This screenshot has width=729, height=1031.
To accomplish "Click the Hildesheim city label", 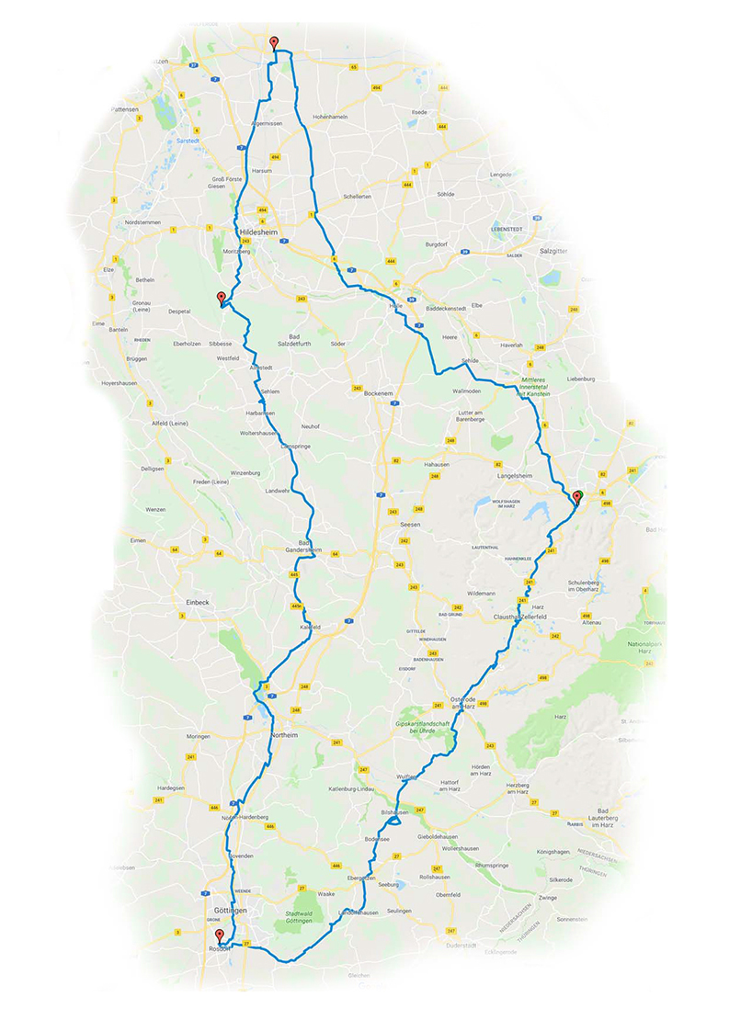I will tap(257, 232).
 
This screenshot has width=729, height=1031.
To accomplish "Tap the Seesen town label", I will tap(409, 524).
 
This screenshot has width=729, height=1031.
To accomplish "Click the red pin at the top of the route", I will tap(274, 42).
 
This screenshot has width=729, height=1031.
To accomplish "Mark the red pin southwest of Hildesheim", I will tap(221, 297).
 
